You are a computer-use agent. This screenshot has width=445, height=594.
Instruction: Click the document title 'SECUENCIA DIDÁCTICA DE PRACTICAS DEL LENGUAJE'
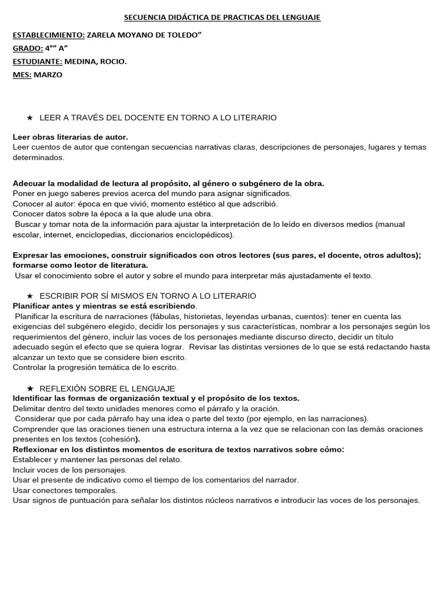point(223,18)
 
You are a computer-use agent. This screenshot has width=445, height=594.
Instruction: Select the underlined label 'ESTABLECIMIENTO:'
point(49,34)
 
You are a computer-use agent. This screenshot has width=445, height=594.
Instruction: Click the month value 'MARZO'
point(48,74)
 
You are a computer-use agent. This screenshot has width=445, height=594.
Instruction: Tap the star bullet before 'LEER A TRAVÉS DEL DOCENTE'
point(30,118)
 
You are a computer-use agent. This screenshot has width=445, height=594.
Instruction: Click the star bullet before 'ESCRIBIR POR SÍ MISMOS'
point(30,296)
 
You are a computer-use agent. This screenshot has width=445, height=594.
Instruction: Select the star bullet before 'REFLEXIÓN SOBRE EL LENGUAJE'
point(30,388)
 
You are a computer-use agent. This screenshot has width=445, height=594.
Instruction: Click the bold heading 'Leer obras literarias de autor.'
point(70,137)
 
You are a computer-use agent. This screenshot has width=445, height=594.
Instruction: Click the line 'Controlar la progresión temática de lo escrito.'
point(96,367)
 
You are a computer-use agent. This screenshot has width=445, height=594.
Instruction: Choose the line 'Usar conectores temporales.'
point(64,490)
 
